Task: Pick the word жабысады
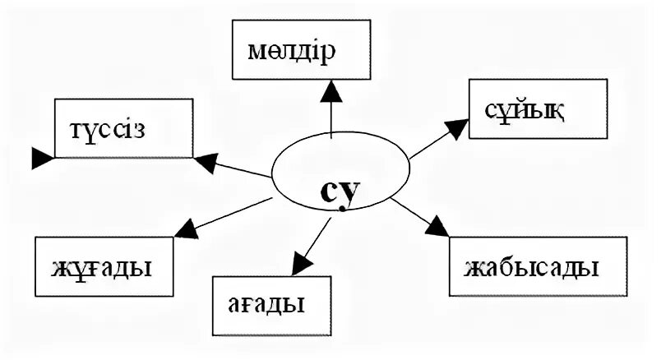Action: coord(531,268)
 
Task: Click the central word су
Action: coord(340,192)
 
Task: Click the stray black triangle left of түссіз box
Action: coord(40,157)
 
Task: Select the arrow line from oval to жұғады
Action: coord(234,210)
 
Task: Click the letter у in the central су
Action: coord(350,194)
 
